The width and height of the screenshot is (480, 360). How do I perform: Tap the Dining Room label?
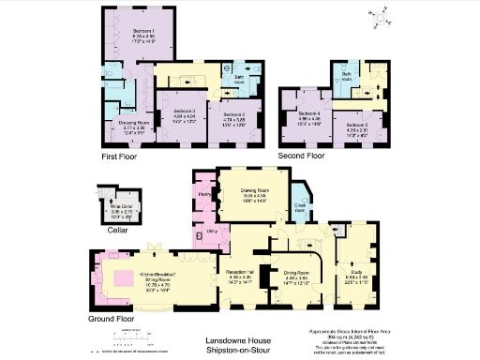(296, 273)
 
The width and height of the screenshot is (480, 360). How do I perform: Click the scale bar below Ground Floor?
(123, 336)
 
